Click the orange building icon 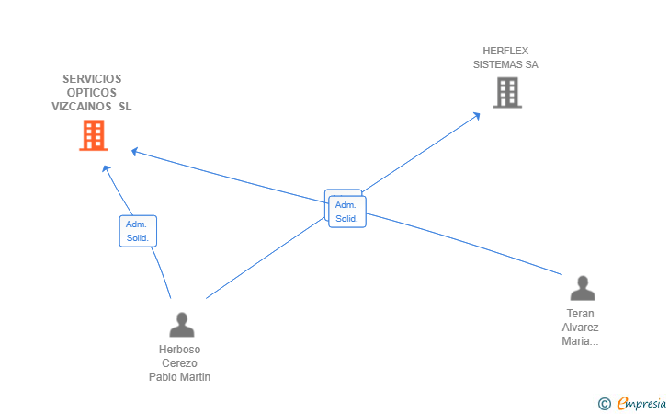94,135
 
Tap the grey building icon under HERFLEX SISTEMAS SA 507,92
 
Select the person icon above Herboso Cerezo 182,325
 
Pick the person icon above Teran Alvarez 583,288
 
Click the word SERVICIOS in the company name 92,79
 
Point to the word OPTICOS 92,93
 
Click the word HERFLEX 505,51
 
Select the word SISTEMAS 496,64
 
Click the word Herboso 179,350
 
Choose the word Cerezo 179,363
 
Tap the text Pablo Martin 179,377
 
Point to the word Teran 580,314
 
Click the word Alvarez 580,328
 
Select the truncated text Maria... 580,341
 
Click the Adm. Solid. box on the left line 138,231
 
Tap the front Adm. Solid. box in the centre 347,212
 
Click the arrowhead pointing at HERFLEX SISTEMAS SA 477,116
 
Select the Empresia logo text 641,403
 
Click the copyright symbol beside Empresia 605,404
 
